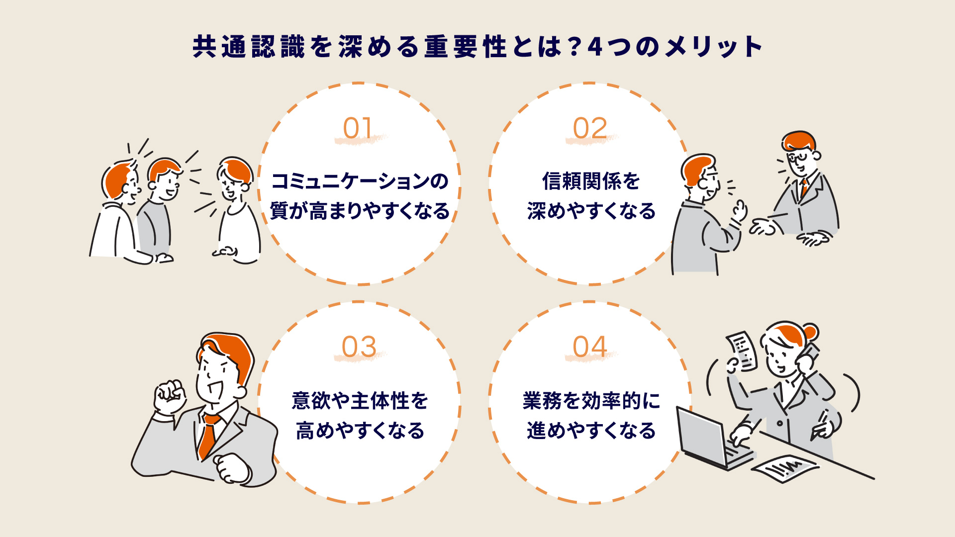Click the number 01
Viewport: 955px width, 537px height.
click(x=358, y=128)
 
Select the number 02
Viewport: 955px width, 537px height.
click(x=590, y=128)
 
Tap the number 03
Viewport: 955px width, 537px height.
click(x=359, y=347)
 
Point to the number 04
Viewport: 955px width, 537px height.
click(x=590, y=347)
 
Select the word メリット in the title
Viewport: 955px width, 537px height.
click(x=712, y=47)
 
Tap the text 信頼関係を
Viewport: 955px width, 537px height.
click(x=591, y=181)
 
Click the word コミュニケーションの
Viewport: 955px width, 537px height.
click(x=360, y=181)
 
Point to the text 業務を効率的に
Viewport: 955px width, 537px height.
click(x=591, y=401)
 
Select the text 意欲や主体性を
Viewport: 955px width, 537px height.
click(x=360, y=401)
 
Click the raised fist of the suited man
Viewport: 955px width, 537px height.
click(x=169, y=395)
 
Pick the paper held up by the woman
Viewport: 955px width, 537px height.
click(x=743, y=350)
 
